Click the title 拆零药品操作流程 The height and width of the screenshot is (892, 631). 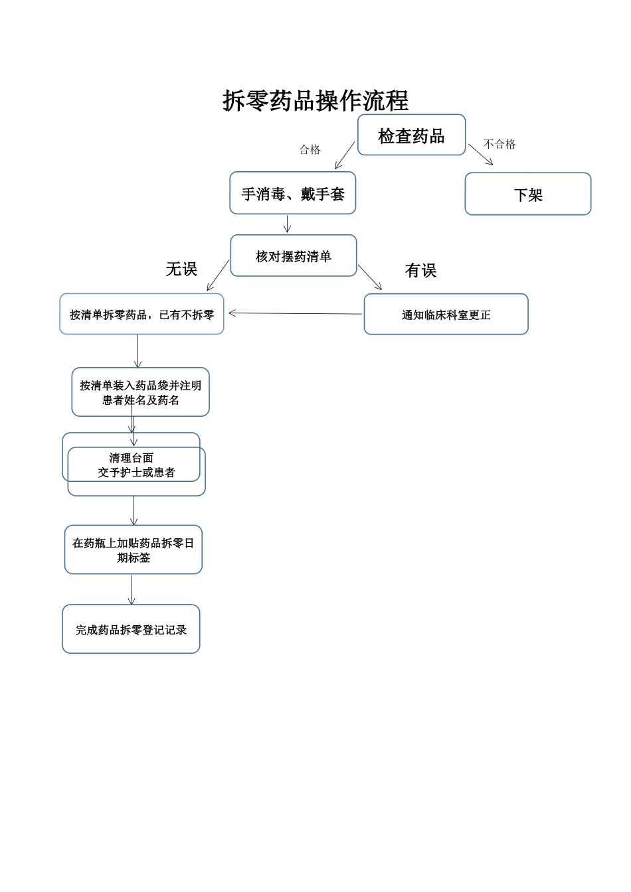click(315, 101)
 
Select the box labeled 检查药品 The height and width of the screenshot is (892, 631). click(411, 135)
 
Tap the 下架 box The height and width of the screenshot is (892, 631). click(528, 194)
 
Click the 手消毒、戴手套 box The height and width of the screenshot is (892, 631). click(293, 194)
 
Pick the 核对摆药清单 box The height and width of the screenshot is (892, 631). click(294, 256)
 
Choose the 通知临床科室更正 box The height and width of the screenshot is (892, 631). click(446, 315)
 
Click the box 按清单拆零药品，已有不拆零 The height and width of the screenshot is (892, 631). click(141, 315)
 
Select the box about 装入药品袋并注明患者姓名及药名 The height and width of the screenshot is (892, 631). click(141, 392)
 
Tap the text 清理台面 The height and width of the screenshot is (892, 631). click(131, 458)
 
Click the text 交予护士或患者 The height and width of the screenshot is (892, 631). click(136, 473)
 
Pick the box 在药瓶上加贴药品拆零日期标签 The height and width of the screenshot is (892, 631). click(134, 550)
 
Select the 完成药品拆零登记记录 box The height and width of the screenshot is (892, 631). click(131, 630)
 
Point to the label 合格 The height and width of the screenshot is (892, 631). click(310, 150)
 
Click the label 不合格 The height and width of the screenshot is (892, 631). click(499, 144)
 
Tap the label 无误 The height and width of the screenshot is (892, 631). click(181, 269)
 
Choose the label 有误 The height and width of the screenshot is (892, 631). click(420, 270)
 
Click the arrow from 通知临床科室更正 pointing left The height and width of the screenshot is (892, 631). click(296, 313)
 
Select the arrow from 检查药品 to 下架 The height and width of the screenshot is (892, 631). click(481, 155)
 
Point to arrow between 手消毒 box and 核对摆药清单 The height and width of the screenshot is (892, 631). click(288, 224)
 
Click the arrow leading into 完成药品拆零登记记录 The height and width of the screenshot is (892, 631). click(132, 589)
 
